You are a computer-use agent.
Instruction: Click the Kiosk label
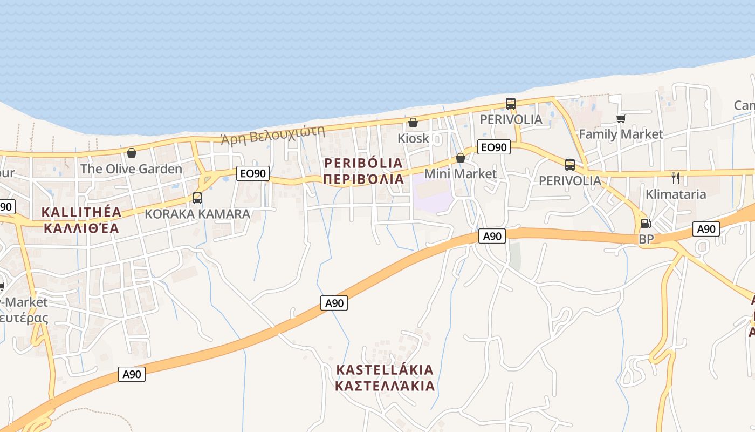pos(413,138)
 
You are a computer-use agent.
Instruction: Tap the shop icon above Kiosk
pos(413,123)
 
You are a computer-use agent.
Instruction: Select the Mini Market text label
pos(460,174)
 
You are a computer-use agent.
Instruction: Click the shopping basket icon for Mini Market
pos(461,158)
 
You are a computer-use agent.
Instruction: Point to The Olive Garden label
pos(131,169)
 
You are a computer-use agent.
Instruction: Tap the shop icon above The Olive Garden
pos(132,153)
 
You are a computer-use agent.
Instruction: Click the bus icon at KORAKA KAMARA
pos(197,198)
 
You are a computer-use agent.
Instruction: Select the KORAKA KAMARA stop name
pos(197,214)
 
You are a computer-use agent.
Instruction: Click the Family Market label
pos(621,134)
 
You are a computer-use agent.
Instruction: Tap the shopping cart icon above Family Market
pos(621,118)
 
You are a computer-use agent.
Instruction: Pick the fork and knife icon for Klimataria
pos(676,178)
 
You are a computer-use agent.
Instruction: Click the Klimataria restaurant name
pos(676,194)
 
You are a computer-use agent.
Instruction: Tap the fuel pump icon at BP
pos(646,224)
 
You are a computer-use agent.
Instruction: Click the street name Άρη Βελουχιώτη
pos(273,136)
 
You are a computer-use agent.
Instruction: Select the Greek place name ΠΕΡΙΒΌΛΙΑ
pos(363,179)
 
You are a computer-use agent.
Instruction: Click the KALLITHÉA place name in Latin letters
pos(81,212)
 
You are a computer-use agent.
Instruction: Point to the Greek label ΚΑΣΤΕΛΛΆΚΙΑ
pos(385,386)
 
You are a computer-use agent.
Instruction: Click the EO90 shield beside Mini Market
pos(493,147)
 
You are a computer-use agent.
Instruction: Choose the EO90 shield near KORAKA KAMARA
pos(252,173)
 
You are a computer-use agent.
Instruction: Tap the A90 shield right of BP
pos(706,230)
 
